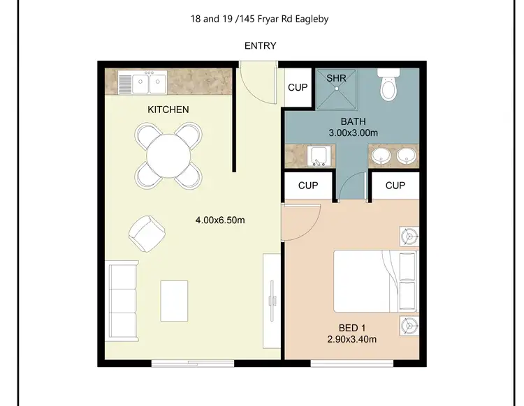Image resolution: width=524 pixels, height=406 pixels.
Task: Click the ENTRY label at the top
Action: (x=260, y=46)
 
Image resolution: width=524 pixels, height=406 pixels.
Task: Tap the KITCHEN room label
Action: (x=168, y=110)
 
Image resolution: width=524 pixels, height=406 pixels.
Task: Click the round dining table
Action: (x=168, y=154)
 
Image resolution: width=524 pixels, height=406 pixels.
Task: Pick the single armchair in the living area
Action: (x=147, y=233)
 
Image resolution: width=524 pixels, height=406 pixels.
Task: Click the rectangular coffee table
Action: (x=174, y=299)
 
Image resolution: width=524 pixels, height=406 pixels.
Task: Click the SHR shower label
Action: (x=337, y=78)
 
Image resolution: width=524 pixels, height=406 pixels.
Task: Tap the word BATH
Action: (x=353, y=121)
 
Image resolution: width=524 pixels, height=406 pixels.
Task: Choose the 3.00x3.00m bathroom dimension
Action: (x=353, y=133)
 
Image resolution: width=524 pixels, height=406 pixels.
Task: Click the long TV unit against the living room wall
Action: (x=271, y=301)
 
